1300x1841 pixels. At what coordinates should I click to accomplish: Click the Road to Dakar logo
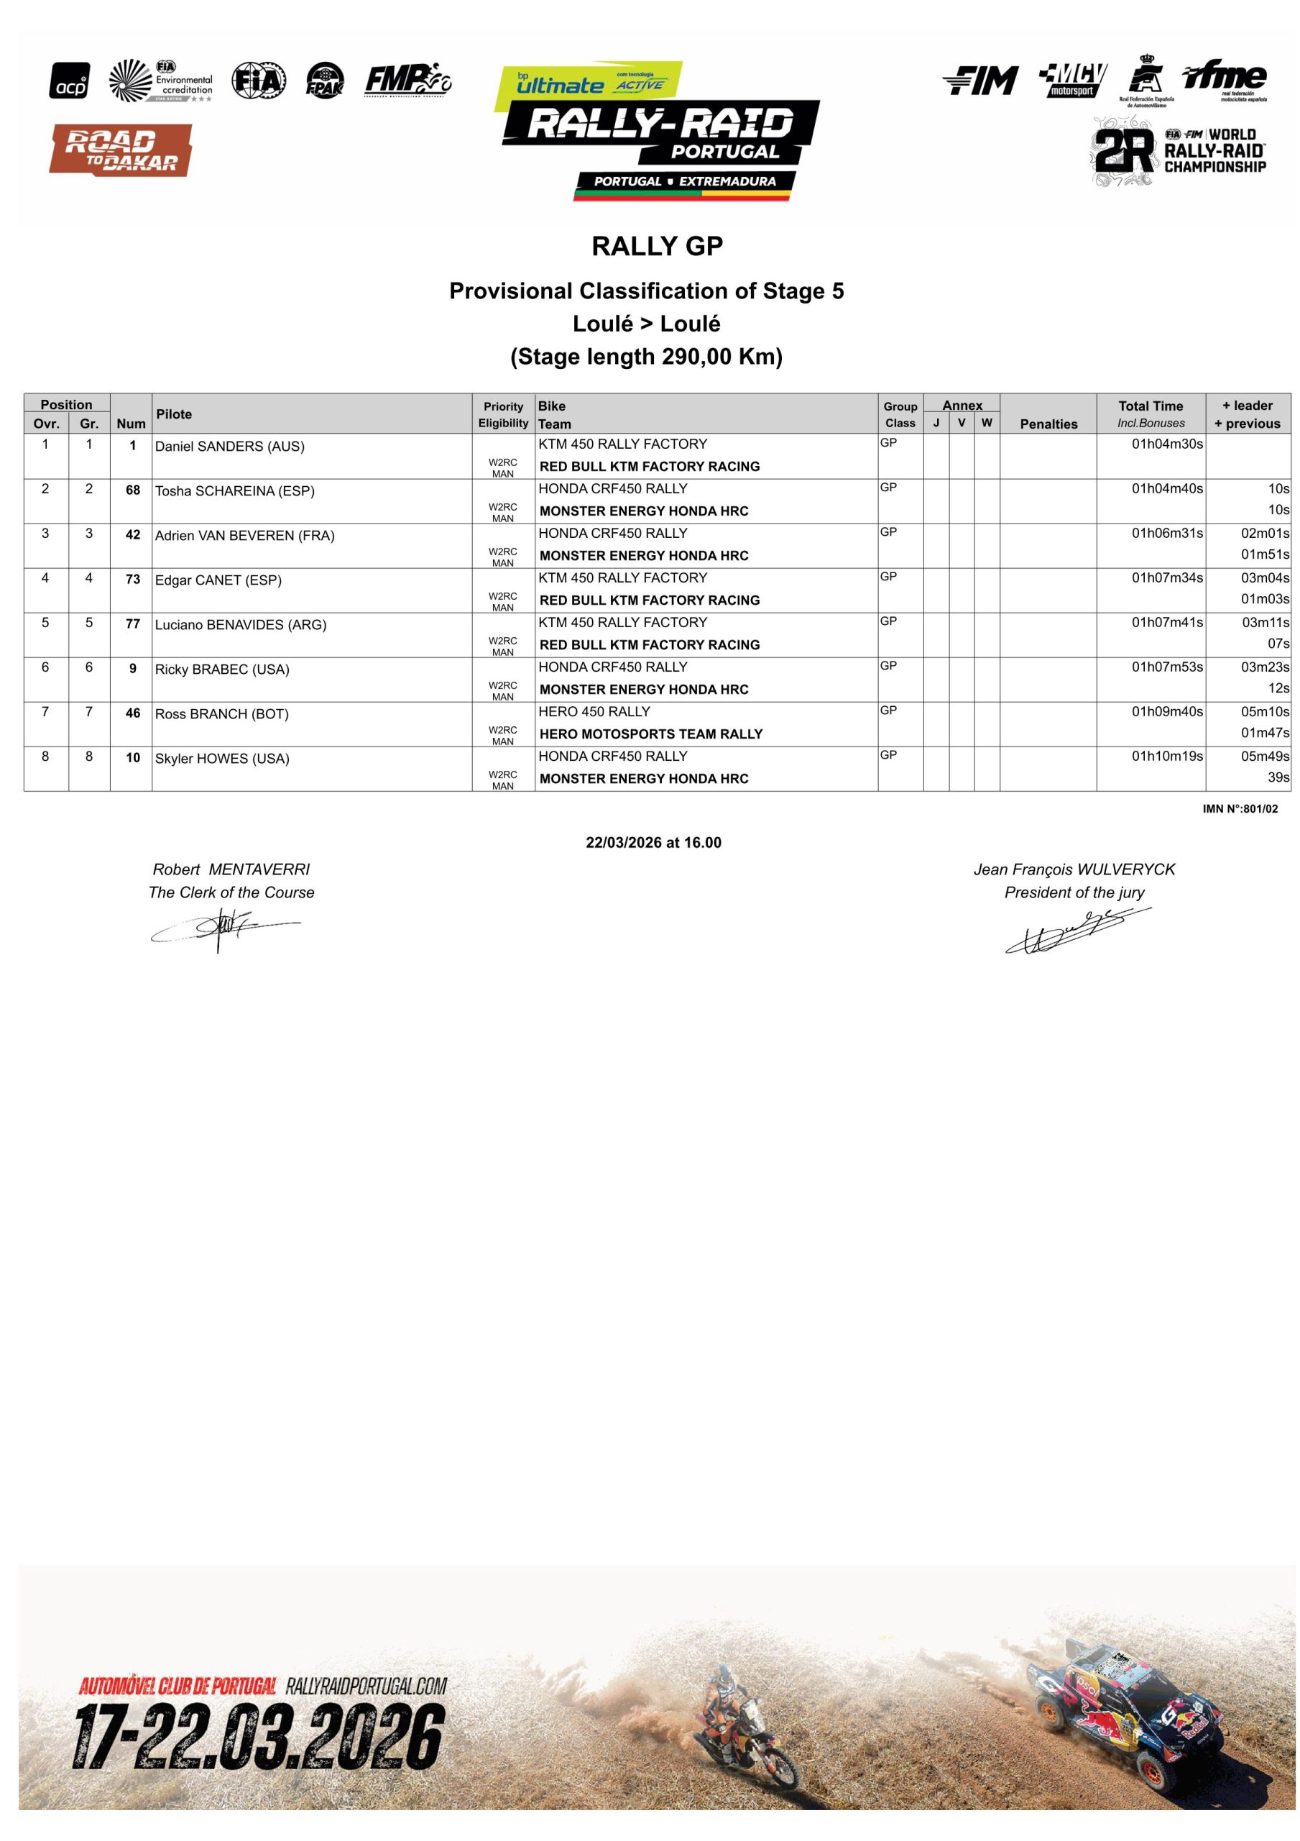121,150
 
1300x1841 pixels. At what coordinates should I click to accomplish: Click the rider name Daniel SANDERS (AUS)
229,447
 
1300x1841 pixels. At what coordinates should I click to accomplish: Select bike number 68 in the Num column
133,490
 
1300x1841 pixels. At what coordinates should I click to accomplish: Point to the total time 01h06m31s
1166,533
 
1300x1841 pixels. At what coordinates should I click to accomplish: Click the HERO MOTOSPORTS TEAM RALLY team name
651,734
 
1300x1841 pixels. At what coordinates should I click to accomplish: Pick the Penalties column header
1048,424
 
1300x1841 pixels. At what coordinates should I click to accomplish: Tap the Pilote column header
174,414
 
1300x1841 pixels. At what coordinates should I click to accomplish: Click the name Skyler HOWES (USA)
222,759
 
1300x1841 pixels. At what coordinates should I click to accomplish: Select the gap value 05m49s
1265,756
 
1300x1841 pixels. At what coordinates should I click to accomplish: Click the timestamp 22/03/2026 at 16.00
653,843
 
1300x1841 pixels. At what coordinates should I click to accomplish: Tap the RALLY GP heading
658,246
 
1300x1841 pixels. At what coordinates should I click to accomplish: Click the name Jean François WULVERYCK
1074,869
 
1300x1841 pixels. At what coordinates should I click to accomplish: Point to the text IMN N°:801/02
1240,809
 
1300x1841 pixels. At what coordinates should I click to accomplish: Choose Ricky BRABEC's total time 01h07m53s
1166,667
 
